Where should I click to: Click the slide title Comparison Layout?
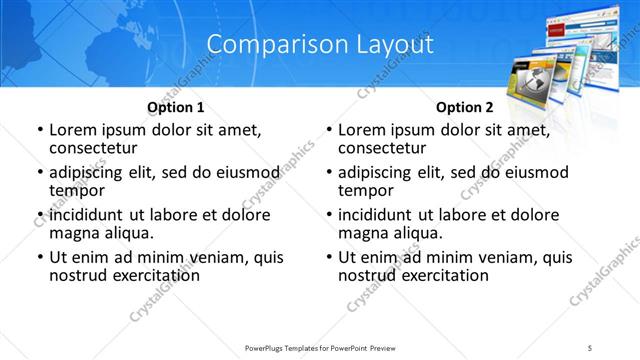[320, 45]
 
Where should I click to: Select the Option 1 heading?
[176, 107]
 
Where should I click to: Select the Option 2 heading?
[465, 107]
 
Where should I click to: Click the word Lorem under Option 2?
[363, 130]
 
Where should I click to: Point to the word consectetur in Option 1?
[95, 149]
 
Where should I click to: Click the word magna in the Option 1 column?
[74, 233]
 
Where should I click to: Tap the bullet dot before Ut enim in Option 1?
[40, 257]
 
